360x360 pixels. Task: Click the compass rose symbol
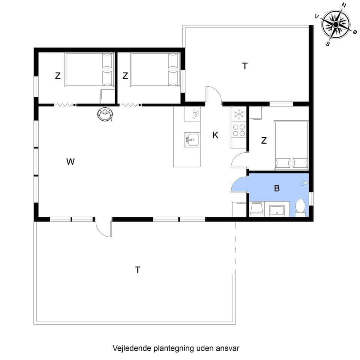click(x=336, y=24)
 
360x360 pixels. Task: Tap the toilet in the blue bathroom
click(x=300, y=207)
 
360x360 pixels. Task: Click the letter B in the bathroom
click(x=277, y=188)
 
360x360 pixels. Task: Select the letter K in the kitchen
click(x=215, y=135)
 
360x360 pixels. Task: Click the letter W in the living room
click(x=70, y=162)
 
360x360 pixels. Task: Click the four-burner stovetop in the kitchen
click(x=239, y=130)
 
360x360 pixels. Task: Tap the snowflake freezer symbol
click(x=238, y=114)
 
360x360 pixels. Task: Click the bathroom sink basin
click(x=277, y=210)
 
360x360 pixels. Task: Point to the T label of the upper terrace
click(x=245, y=66)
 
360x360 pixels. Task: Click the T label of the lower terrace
click(x=138, y=270)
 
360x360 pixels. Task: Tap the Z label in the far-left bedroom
click(x=58, y=76)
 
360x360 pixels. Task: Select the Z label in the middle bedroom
click(x=125, y=76)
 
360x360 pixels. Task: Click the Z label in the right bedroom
click(x=264, y=141)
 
